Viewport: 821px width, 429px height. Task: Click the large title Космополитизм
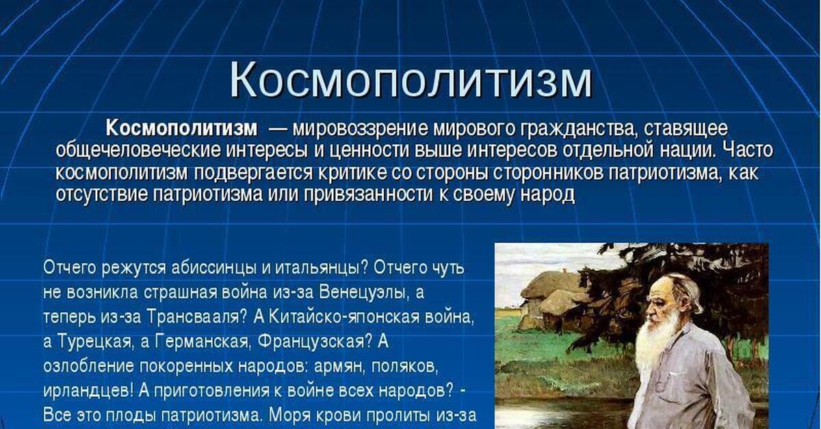pos(410,81)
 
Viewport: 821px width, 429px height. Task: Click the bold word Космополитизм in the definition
pos(182,128)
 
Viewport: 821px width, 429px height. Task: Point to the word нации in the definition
pos(688,150)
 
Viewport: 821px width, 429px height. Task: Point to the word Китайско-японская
pos(343,318)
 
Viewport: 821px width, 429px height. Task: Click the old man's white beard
pos(657,350)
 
